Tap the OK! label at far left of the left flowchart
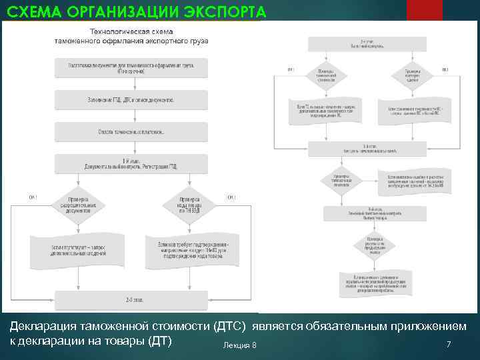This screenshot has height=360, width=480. pos(33,197)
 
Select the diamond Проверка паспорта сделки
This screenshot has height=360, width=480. pos(414,75)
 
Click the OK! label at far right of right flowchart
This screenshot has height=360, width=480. pos(445,69)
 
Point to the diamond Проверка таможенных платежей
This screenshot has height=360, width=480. pos(340,179)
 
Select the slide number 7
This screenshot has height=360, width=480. pos(449,344)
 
